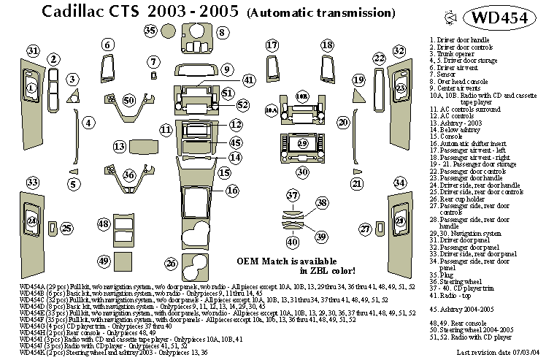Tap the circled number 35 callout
point(150,30)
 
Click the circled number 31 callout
point(33,51)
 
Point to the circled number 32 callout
point(399,51)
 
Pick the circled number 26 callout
point(172,263)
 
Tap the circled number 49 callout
point(104,261)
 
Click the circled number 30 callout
point(302,172)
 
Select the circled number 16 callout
point(231,191)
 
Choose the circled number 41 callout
point(249,80)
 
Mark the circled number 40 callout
point(292,242)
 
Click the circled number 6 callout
point(108,45)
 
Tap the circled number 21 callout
point(357,183)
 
